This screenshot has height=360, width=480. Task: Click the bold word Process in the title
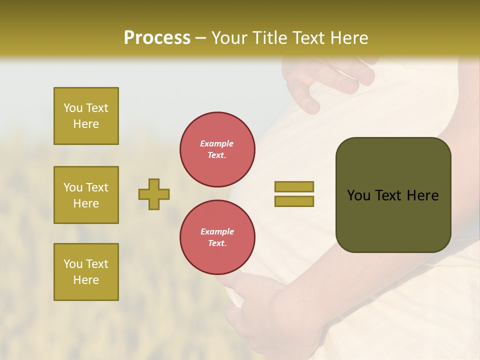coord(157,38)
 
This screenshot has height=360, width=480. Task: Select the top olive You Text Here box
coord(86,116)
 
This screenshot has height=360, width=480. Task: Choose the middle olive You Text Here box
coord(86,195)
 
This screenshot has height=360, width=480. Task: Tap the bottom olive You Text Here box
coord(86,272)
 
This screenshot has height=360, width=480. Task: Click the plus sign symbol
coord(154,194)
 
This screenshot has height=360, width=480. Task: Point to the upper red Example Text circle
coord(217,149)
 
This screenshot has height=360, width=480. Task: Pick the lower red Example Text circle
coord(217,237)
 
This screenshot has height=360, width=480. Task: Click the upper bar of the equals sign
coord(294,186)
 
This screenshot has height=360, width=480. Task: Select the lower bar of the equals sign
coord(294,201)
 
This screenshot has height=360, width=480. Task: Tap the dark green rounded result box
coord(393,195)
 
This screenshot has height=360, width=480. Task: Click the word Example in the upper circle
coord(217,143)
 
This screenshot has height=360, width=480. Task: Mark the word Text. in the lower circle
coord(217,243)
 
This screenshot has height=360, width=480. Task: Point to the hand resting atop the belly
coord(330,80)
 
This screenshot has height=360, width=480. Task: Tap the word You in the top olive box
coord(73,108)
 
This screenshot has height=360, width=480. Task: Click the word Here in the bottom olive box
coord(86,280)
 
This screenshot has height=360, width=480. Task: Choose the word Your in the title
coord(230,38)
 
